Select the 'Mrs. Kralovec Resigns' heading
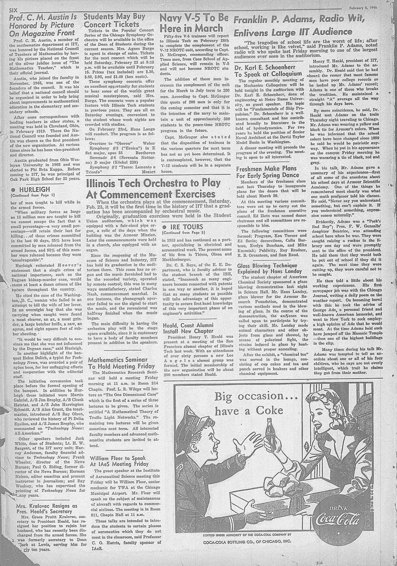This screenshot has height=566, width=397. [46, 509]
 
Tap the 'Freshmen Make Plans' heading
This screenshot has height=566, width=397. [268, 172]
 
